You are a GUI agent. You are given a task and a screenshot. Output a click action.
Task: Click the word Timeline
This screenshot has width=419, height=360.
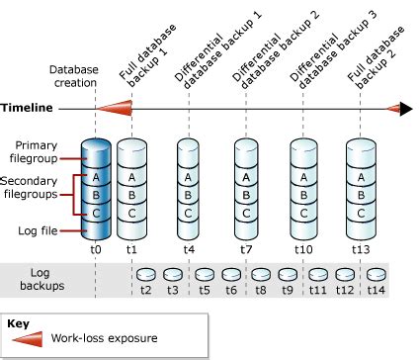(29, 108)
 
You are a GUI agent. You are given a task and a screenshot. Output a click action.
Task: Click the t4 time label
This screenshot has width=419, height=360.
(188, 251)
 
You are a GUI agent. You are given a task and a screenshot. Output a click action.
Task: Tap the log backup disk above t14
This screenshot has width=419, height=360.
(376, 274)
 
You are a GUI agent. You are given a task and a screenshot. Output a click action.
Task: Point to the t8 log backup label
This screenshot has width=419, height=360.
(260, 291)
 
